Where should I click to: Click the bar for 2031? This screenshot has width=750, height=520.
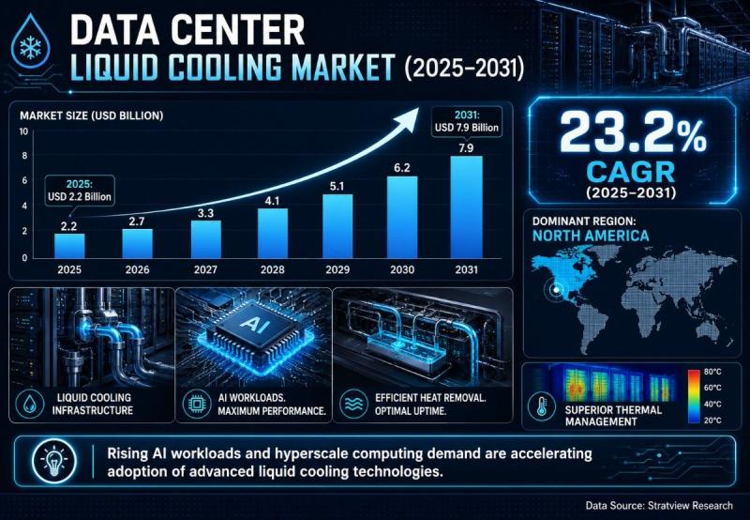466,206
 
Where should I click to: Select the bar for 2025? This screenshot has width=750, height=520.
69,246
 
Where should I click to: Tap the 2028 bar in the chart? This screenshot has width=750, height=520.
273,233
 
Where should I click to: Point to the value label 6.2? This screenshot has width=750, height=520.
402,168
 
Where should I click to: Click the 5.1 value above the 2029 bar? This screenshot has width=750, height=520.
337,186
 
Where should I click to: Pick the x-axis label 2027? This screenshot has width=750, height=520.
205,270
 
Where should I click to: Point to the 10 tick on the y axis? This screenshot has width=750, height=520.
22,131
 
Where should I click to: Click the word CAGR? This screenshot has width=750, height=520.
631,172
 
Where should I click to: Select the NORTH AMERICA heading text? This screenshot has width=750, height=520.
591,236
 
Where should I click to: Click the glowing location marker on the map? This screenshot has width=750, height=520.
556,289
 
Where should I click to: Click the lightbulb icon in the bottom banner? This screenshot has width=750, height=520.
54,461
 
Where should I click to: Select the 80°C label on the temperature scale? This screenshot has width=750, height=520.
712,372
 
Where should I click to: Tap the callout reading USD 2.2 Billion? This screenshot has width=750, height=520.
80,191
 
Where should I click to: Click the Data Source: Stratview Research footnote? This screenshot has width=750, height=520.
659,505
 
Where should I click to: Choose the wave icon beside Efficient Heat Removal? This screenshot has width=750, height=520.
353,405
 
